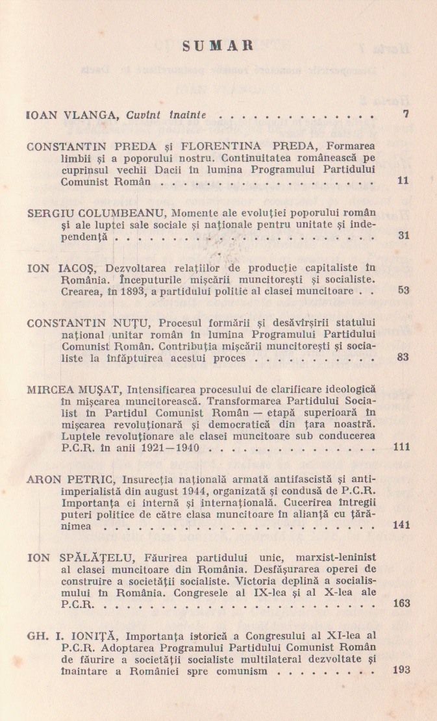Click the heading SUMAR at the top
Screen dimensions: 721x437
click(218, 46)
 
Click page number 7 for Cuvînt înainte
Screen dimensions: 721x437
click(405, 115)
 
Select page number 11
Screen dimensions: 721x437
click(403, 181)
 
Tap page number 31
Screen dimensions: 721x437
click(403, 236)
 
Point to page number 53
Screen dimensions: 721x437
click(403, 290)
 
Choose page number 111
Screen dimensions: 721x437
click(401, 448)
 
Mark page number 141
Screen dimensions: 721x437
click(401, 525)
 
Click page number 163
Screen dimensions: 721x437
click(401, 603)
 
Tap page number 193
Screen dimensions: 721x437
click(401, 670)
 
